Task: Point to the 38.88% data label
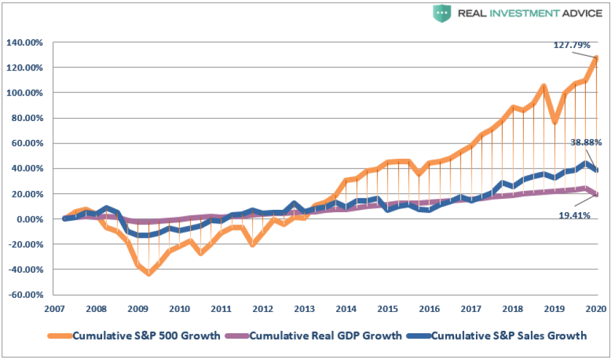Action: point(586,143)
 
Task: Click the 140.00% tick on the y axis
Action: point(24,43)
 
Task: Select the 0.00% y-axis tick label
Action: point(27,219)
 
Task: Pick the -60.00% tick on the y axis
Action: point(24,294)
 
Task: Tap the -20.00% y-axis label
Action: point(24,244)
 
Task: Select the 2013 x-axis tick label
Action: point(304,309)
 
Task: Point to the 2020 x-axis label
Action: point(596,309)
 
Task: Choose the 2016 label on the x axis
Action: point(428,309)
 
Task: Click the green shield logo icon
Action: point(441,13)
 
